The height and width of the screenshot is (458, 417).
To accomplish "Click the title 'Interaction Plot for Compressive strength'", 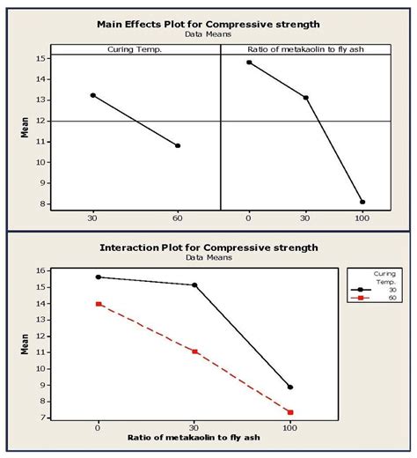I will tap(208, 247).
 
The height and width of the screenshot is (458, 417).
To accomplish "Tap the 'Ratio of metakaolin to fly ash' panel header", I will tap(304, 48).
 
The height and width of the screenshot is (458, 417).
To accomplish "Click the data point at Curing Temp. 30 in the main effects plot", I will tap(93, 95).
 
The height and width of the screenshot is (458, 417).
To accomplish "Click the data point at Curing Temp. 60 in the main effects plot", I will tap(178, 145).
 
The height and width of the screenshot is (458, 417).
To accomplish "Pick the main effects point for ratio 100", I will tap(362, 202).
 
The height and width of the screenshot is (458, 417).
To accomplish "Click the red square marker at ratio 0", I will tap(99, 304).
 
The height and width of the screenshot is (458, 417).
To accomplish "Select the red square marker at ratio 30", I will tap(194, 351).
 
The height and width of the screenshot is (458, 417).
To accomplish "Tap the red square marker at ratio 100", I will tap(290, 411).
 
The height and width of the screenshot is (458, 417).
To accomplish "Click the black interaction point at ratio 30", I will tap(194, 285).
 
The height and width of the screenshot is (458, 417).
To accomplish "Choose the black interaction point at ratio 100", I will tap(290, 387).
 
